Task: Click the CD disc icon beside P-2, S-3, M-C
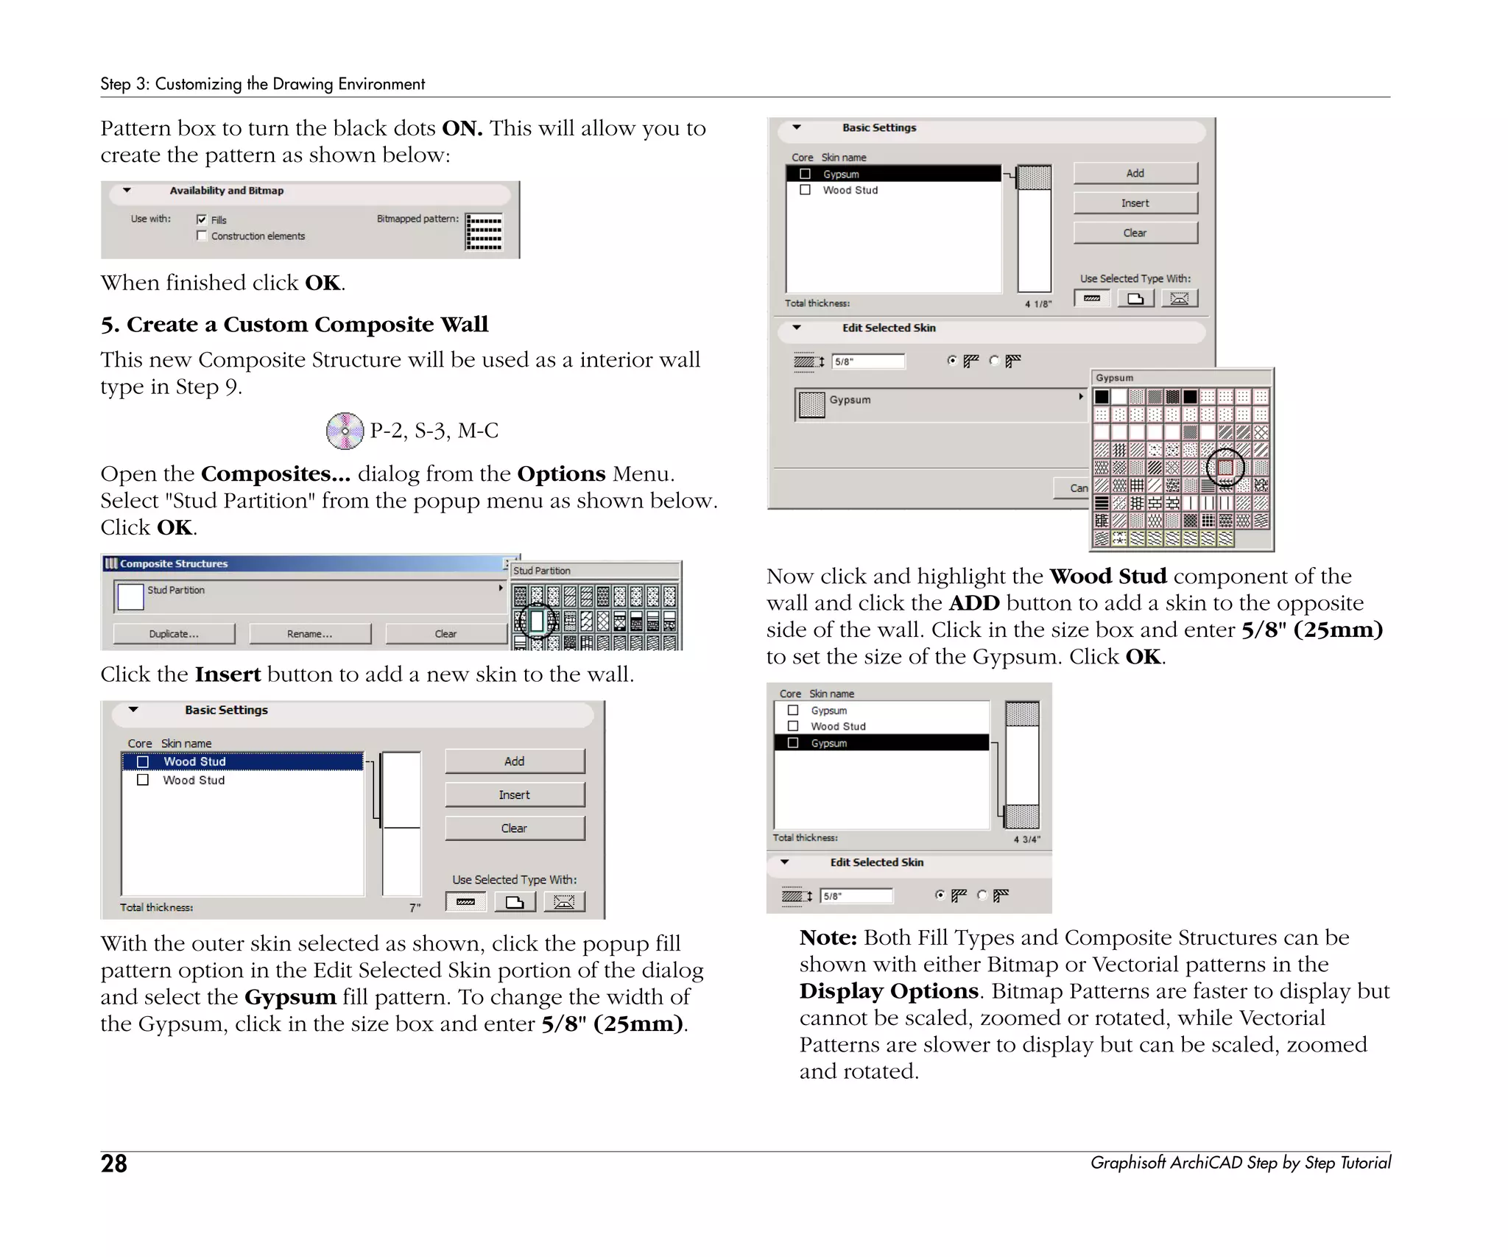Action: click(345, 431)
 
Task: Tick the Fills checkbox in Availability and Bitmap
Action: click(202, 219)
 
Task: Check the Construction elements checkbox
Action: click(202, 236)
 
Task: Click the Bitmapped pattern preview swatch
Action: click(484, 232)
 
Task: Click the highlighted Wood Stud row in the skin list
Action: click(243, 761)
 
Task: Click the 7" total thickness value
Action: click(415, 908)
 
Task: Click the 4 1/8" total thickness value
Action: click(1038, 304)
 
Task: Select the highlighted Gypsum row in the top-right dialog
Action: click(894, 174)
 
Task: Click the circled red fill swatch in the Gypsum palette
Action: click(1225, 467)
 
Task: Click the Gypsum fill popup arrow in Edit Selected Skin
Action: click(1080, 397)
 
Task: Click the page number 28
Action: click(114, 1163)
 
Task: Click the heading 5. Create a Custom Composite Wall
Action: click(295, 324)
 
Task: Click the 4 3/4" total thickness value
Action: click(1026, 839)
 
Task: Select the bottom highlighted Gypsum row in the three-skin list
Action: click(881, 743)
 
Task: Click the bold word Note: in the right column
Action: click(828, 937)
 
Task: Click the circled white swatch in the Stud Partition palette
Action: click(537, 621)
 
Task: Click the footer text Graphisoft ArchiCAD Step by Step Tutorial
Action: click(1240, 1163)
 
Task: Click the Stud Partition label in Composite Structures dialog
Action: click(176, 590)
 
